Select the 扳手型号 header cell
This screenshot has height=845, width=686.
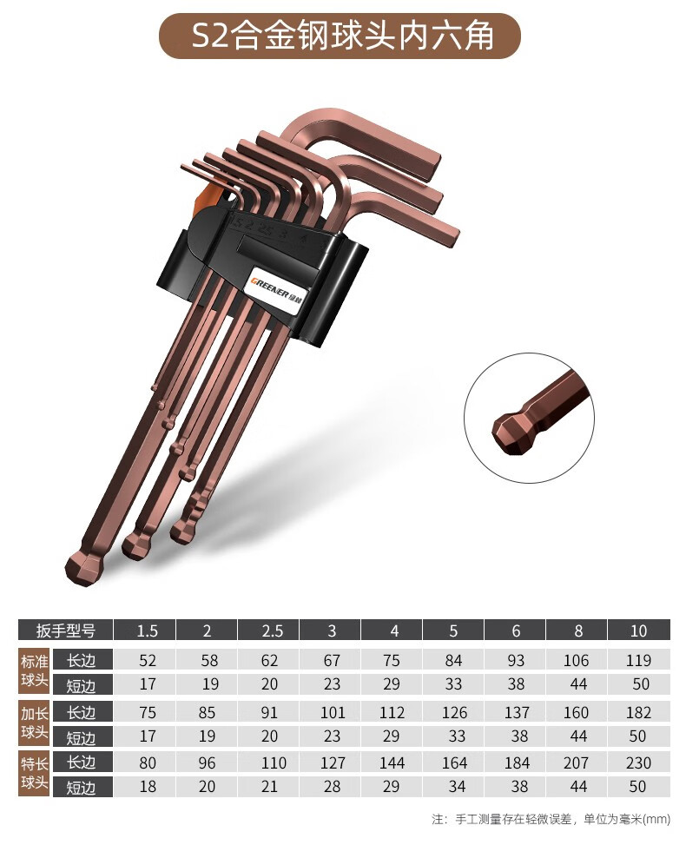pyautogui.click(x=65, y=630)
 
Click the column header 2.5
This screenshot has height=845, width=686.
pyautogui.click(x=269, y=630)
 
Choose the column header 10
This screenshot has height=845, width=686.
pyautogui.click(x=638, y=630)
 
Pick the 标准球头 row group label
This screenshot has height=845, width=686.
pyautogui.click(x=35, y=671)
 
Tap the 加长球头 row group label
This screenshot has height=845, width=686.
pyautogui.click(x=35, y=723)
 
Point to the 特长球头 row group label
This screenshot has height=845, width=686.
pyautogui.click(x=35, y=773)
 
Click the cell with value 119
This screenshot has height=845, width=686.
pyautogui.click(x=638, y=660)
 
